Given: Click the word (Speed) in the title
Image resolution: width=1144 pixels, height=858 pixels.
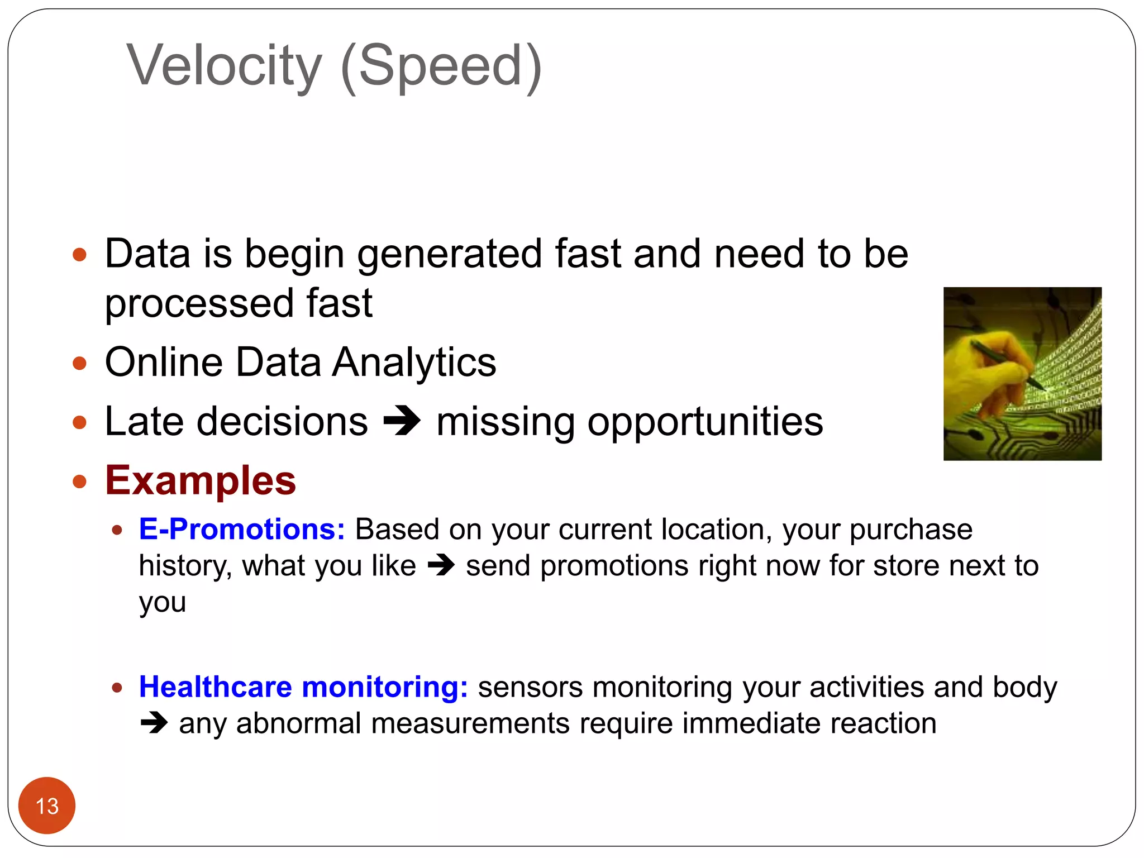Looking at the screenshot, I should click(x=441, y=66).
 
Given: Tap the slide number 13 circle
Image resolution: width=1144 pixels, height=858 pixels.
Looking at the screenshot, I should click(x=47, y=805).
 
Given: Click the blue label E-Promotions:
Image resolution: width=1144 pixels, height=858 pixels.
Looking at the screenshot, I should click(x=242, y=529).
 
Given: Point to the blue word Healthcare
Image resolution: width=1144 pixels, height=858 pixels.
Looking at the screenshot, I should click(x=216, y=687).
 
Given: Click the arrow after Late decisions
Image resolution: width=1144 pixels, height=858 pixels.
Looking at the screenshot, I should click(x=402, y=422).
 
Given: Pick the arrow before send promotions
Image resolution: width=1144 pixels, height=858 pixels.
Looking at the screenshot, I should click(x=441, y=566).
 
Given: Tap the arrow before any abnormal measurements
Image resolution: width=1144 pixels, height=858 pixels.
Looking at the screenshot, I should click(x=154, y=723).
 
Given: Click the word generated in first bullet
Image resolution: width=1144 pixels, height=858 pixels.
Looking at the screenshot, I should click(x=450, y=254).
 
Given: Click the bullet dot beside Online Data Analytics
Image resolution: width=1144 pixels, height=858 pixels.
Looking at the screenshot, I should click(x=80, y=364).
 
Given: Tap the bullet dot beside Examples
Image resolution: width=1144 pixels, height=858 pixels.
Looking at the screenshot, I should click(x=80, y=481).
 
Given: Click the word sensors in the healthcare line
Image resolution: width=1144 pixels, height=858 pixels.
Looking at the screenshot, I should click(x=530, y=687).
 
